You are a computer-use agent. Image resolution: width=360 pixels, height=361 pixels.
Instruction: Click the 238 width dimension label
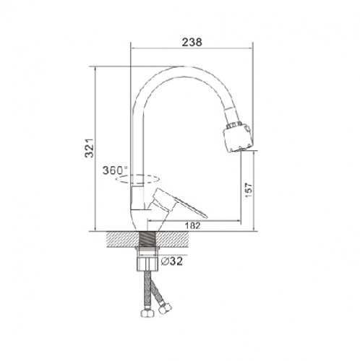pos(192,42)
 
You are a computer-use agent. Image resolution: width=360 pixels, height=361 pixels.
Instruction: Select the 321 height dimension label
pos(89,148)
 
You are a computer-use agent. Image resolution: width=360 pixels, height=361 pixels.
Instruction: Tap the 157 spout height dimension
pos(249,191)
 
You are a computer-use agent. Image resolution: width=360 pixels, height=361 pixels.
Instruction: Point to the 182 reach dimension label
pos(192,226)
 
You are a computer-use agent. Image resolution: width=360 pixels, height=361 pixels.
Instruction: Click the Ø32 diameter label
pos(172,261)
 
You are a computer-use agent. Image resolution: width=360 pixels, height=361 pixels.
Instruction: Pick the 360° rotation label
pos(115,170)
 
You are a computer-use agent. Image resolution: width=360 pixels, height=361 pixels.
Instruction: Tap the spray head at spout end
pos(238,139)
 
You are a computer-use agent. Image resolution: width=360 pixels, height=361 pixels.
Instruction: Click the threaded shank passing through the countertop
pos(147,239)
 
